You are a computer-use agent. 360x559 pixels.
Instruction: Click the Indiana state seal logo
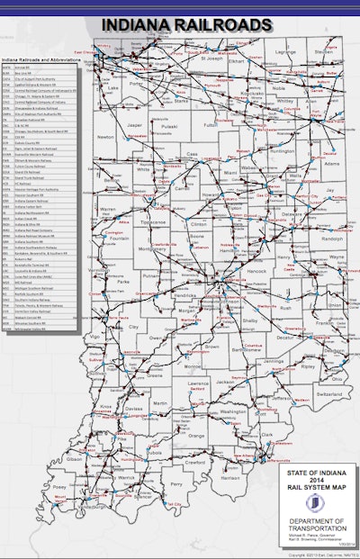310,503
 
